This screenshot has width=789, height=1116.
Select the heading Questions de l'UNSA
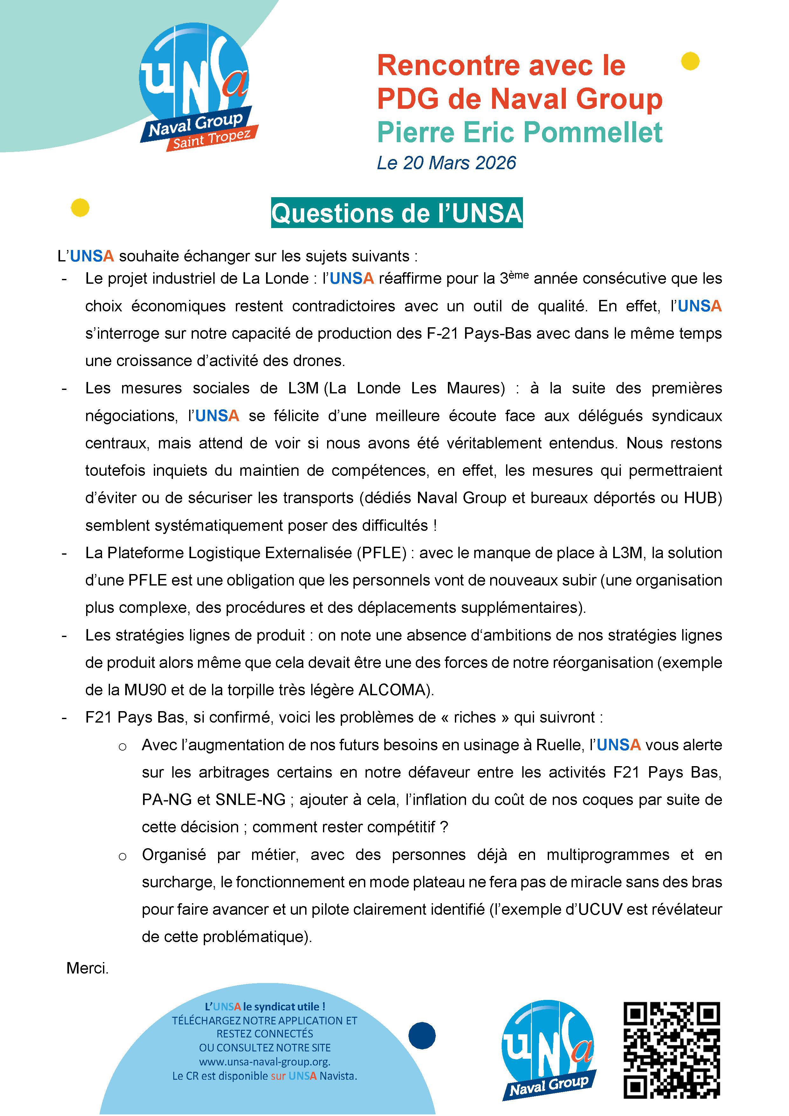click(396, 213)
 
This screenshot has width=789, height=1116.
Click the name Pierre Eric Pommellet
click(519, 132)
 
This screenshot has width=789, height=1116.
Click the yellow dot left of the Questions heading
click(80, 208)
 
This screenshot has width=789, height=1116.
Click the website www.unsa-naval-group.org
click(265, 1062)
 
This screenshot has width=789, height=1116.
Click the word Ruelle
click(560, 745)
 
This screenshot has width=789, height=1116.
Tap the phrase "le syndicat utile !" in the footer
click(284, 1007)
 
